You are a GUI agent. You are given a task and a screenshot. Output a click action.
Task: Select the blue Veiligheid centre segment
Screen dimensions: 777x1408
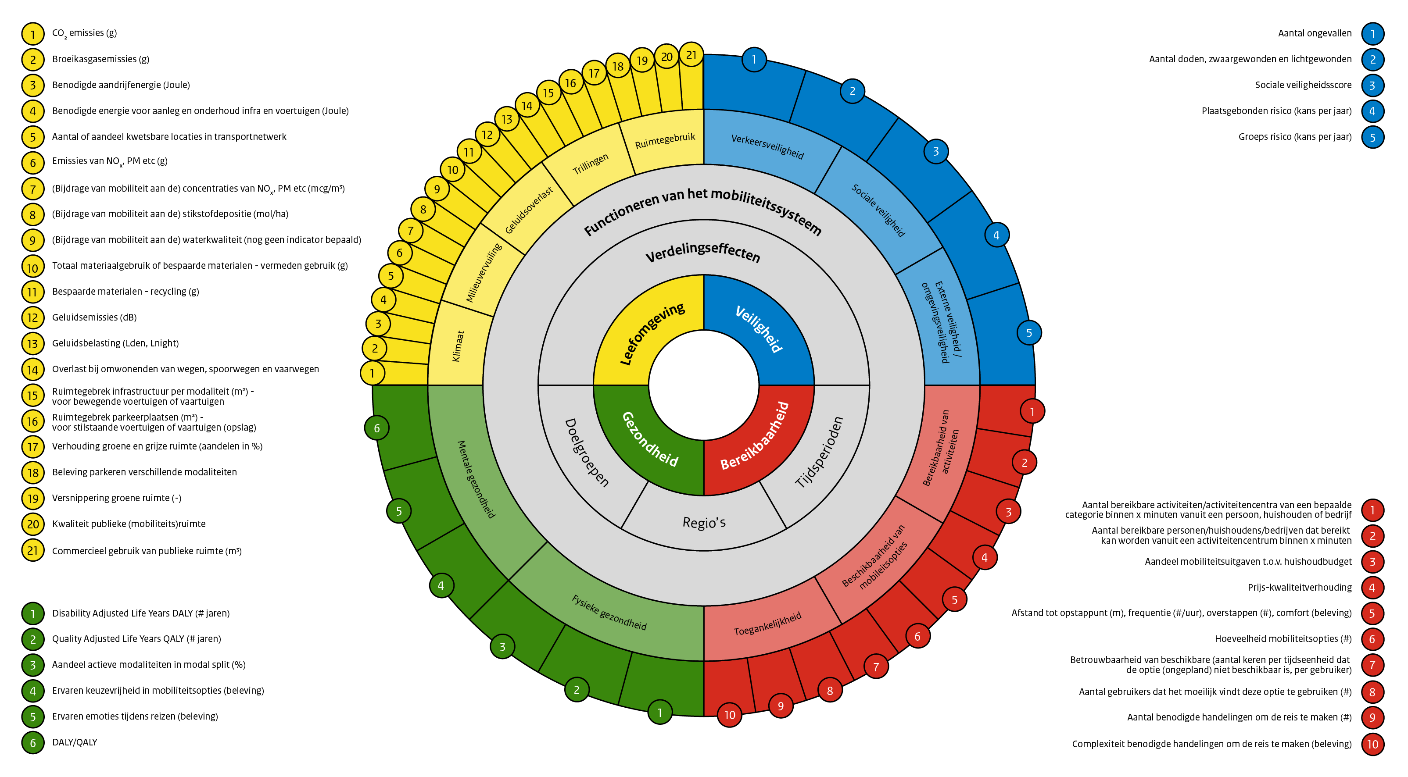click(x=759, y=329)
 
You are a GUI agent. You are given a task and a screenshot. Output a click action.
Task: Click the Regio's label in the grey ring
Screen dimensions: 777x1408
click(x=704, y=523)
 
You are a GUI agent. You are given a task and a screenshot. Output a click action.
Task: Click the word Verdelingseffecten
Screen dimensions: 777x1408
click(x=703, y=252)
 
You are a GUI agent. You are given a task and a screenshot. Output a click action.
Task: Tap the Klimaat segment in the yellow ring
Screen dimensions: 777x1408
click(x=458, y=346)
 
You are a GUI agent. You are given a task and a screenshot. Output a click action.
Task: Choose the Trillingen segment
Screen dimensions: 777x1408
click(x=590, y=164)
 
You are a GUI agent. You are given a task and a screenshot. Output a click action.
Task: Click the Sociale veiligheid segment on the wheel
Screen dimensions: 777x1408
click(x=878, y=210)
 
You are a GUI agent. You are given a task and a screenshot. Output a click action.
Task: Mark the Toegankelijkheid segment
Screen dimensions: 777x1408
click(x=767, y=624)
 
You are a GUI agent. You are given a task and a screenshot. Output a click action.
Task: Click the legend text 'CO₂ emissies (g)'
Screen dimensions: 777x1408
click(x=84, y=33)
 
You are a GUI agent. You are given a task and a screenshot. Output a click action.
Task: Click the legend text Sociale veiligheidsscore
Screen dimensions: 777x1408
click(x=1303, y=85)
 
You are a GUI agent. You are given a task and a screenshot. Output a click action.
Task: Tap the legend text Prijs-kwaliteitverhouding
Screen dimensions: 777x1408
click(x=1299, y=588)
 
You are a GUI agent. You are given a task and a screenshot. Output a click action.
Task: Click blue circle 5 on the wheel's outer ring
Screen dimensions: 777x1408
click(x=1028, y=333)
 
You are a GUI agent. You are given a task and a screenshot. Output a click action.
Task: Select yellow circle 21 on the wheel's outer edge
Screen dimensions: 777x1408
click(x=691, y=55)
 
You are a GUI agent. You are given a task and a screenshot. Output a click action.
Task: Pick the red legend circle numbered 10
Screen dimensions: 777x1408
click(x=1372, y=744)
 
